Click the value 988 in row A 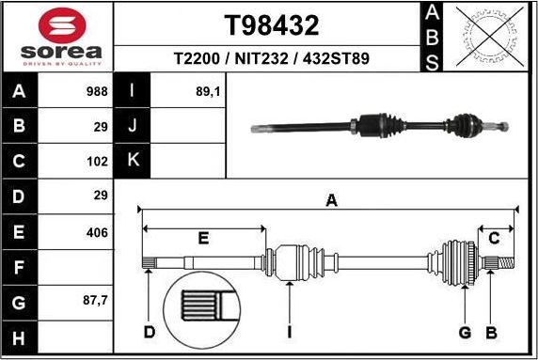(97, 92)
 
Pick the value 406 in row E (97, 232)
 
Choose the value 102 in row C (97, 161)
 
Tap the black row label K (133, 161)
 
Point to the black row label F (20, 268)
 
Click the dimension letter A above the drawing (330, 198)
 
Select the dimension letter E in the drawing (203, 239)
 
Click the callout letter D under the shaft (149, 332)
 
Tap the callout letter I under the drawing (290, 332)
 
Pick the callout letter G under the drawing (463, 332)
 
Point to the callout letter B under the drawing (490, 332)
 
